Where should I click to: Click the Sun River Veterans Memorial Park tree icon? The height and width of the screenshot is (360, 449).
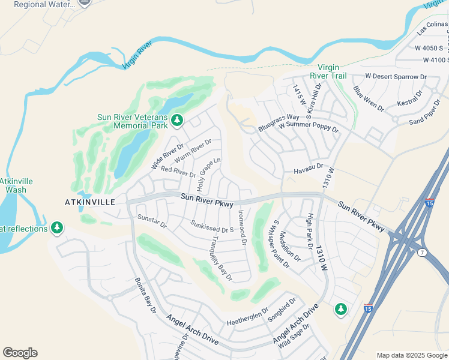(176, 120)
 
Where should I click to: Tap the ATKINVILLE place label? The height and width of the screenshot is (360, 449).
(89, 202)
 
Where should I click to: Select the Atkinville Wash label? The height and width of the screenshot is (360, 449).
(13, 185)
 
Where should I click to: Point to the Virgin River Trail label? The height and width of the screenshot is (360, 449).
(328, 71)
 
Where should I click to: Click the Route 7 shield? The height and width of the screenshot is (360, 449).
(423, 253)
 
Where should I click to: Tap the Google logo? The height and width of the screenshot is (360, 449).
(20, 353)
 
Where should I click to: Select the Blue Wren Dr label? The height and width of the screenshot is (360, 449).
(369, 98)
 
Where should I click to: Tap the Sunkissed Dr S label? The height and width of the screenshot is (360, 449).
(211, 227)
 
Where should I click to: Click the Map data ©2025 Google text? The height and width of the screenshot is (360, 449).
(411, 355)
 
